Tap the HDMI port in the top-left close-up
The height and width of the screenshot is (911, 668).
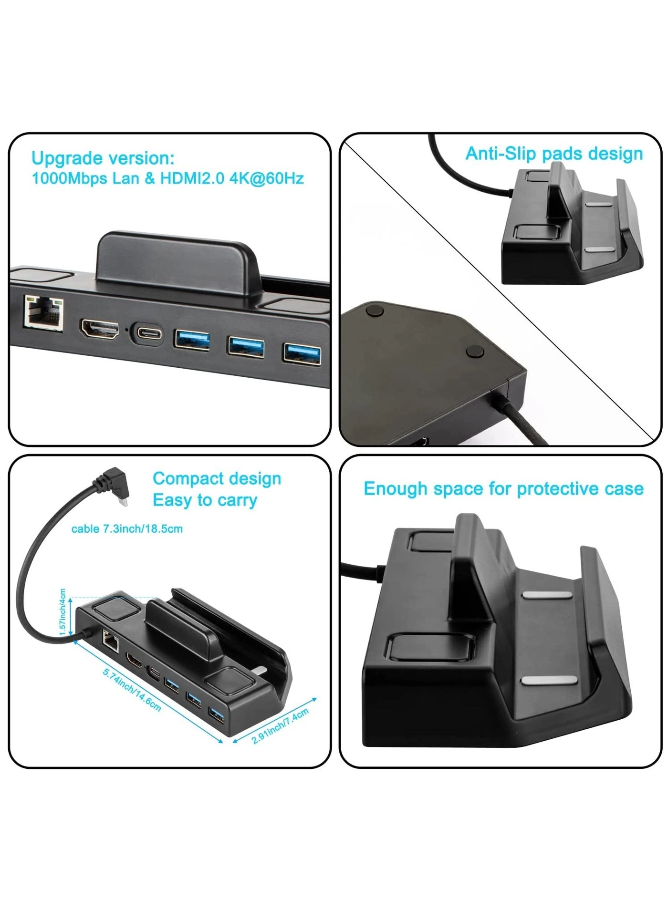[99, 330]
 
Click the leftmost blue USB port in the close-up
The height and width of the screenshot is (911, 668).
[192, 340]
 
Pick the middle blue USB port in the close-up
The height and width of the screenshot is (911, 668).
[246, 346]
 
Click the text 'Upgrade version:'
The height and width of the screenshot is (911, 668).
[103, 158]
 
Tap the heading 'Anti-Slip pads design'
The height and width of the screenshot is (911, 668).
[554, 154]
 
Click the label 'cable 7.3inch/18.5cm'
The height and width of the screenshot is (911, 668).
[127, 529]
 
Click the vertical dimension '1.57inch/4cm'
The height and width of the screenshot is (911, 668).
[63, 612]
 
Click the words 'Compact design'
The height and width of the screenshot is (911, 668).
[217, 478]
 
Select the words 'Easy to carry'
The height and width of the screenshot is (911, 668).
[205, 500]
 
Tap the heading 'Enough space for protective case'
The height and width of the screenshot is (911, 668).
[503, 489]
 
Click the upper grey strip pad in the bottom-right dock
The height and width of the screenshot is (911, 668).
[547, 595]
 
